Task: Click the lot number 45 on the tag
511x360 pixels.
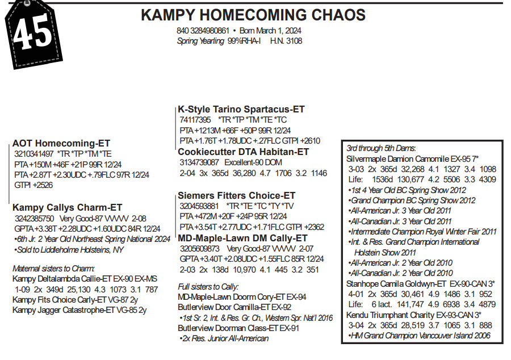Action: (x=33, y=35)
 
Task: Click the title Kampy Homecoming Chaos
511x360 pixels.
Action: (x=253, y=15)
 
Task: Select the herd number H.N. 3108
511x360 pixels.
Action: (x=286, y=41)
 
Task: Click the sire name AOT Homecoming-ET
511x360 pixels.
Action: (x=61, y=144)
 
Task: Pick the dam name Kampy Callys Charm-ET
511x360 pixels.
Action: (x=67, y=207)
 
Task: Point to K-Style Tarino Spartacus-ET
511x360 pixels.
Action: (x=241, y=109)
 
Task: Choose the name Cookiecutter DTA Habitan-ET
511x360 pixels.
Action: (x=243, y=152)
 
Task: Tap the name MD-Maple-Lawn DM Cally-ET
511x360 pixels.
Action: (x=242, y=238)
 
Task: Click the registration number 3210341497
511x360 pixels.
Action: (x=34, y=154)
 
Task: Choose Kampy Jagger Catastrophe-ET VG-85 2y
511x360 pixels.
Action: (x=79, y=310)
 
